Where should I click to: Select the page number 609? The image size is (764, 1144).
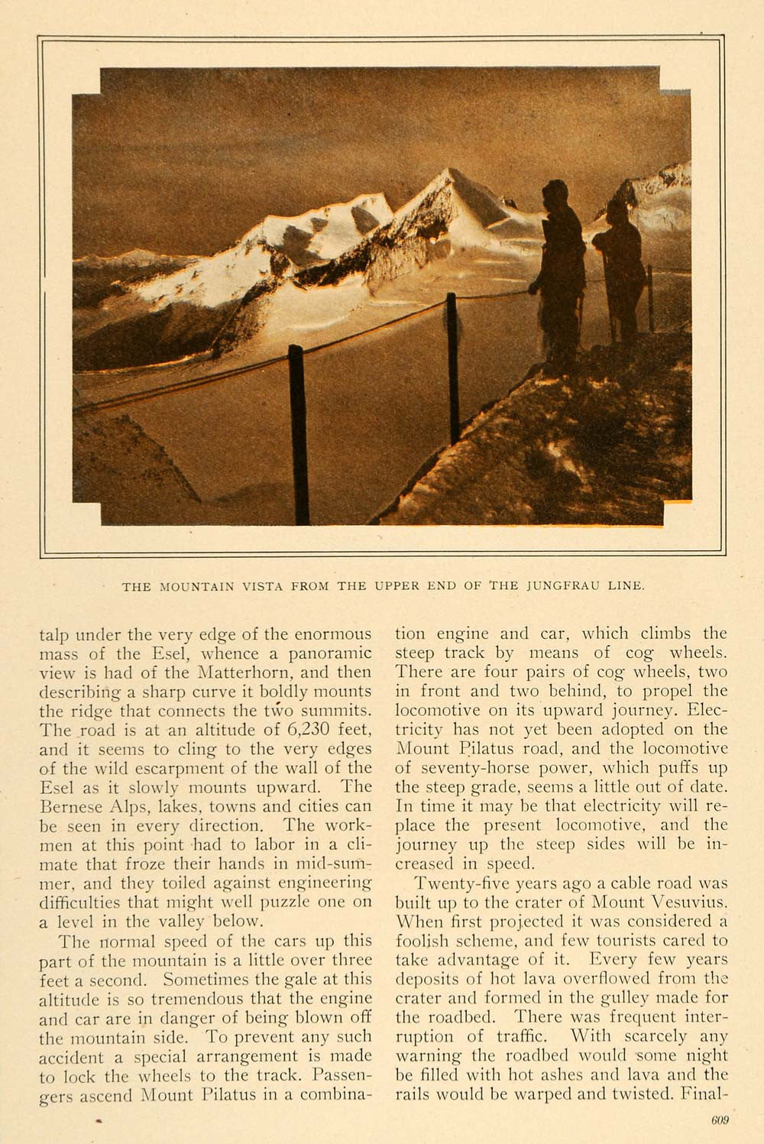point(719,1120)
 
